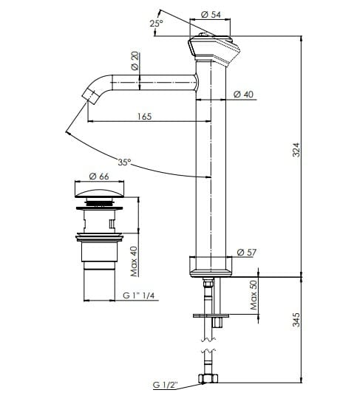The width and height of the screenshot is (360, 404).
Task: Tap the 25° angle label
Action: (157, 24)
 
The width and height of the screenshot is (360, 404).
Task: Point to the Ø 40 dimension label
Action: (243, 94)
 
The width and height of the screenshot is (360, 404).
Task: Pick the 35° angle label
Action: (123, 162)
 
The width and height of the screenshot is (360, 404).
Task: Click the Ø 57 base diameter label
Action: (247, 253)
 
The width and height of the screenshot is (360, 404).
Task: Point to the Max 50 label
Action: (252, 295)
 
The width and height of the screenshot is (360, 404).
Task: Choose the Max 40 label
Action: (132, 261)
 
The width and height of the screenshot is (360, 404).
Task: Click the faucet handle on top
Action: (214, 47)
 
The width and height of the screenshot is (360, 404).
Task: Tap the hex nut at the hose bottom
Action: (207, 380)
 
